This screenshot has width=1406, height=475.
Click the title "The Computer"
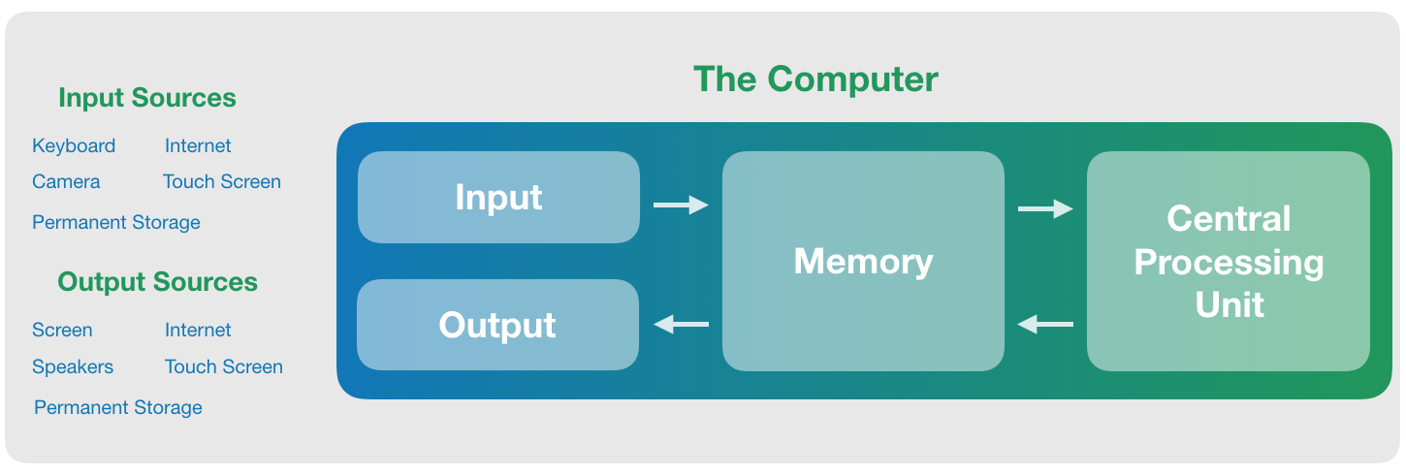pos(815,79)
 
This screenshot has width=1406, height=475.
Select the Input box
pos(498,197)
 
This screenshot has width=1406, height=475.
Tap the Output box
pos(497,325)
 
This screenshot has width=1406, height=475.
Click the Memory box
pos(863,261)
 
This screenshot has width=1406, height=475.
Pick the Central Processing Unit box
pos(1228,261)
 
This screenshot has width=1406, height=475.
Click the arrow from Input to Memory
pos(681,205)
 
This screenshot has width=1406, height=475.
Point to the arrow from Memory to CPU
pos(1045,208)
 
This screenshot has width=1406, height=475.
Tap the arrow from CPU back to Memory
pos(1045,325)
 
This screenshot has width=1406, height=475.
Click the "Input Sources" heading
pos(146,98)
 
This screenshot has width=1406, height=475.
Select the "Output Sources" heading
pos(157,282)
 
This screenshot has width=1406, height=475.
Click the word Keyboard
pos(74,145)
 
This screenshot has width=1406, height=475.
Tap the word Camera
pos(66,181)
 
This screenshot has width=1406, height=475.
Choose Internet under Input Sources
pos(198,145)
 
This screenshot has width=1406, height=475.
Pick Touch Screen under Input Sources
pos(222,181)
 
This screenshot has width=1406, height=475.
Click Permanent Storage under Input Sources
pos(116,222)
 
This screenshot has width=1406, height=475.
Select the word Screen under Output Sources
pos(62,330)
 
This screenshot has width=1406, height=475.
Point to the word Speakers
pos(73,366)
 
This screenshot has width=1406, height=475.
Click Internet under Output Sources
pos(198,330)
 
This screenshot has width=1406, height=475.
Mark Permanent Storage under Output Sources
pos(118,407)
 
